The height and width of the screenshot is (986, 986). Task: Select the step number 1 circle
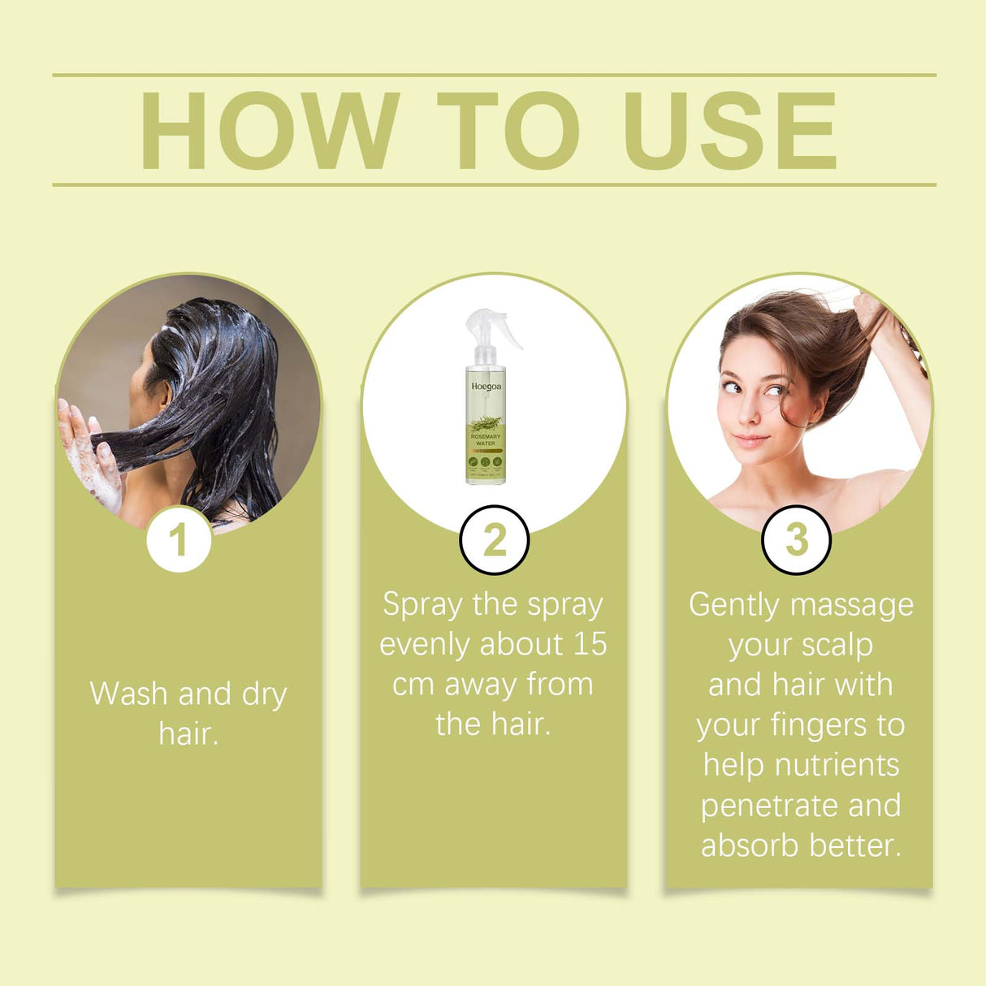[x=179, y=539]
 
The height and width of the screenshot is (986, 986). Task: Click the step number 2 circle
[x=494, y=539]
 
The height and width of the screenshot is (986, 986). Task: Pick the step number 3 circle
[x=796, y=539]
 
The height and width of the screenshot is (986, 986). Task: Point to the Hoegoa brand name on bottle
[x=486, y=387]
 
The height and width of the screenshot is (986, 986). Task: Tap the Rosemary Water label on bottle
[x=486, y=439]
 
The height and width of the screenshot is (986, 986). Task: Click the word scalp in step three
[x=836, y=646]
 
